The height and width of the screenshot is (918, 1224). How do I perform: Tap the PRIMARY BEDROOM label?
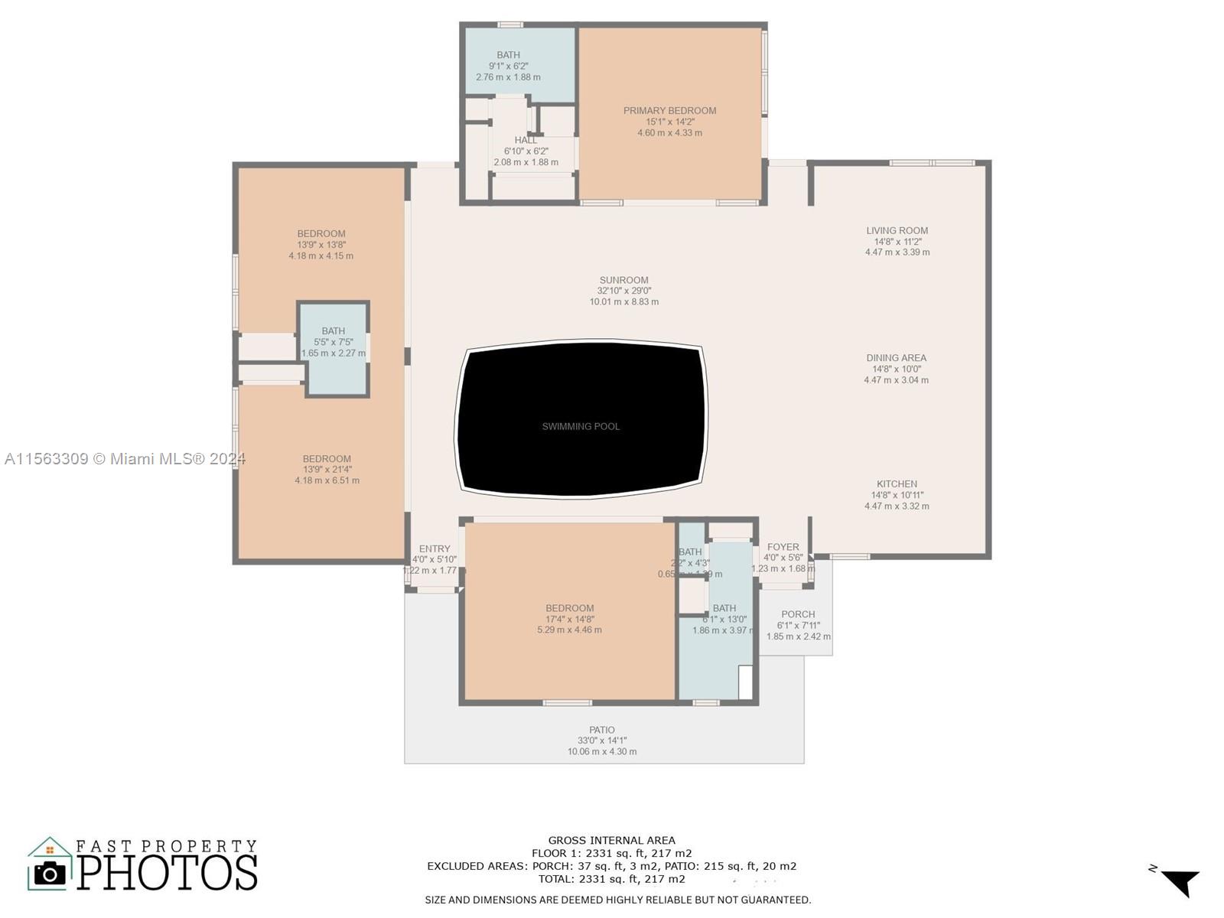tap(669, 111)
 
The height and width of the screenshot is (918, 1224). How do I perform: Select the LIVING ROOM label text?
tap(897, 230)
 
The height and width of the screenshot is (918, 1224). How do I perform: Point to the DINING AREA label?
tap(896, 358)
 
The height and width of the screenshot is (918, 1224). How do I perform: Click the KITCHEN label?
tap(897, 484)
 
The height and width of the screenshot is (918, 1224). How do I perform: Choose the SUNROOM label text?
tap(623, 280)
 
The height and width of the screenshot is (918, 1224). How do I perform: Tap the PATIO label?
tap(602, 730)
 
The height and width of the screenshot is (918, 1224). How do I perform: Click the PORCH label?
tap(798, 614)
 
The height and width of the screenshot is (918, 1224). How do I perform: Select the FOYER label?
tap(783, 547)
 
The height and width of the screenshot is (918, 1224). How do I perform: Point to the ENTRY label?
tap(435, 549)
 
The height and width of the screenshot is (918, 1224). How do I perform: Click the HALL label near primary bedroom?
tap(526, 140)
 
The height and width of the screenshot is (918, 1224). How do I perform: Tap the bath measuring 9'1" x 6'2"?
tap(508, 66)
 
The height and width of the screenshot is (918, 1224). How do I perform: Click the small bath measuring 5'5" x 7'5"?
tap(333, 342)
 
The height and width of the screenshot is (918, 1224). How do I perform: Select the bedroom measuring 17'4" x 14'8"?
tap(569, 619)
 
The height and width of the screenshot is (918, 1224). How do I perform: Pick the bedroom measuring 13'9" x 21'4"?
tap(327, 470)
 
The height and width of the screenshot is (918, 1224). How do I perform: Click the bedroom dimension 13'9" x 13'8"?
tap(321, 245)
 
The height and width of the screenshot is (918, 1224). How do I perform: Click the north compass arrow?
tap(1181, 882)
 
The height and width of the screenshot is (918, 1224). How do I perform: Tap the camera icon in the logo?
tap(50, 873)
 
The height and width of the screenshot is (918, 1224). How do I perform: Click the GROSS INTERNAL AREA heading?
tap(611, 840)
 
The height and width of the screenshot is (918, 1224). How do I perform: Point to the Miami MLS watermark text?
tap(125, 459)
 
